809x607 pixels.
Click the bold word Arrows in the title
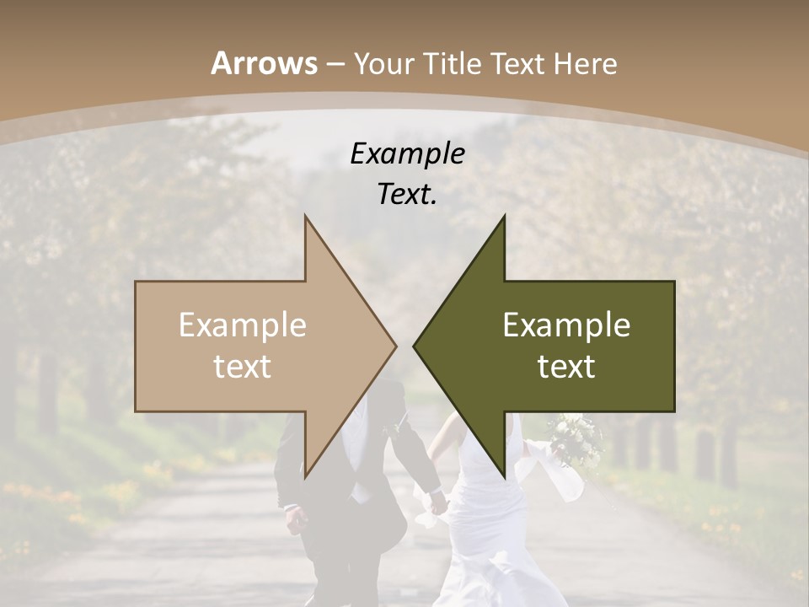pyautogui.click(x=265, y=63)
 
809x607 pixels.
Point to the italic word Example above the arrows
pyautogui.click(x=407, y=153)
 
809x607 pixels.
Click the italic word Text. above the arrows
pyautogui.click(x=407, y=194)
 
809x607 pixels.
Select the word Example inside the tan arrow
pyautogui.click(x=242, y=325)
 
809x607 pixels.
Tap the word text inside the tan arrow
pyautogui.click(x=242, y=366)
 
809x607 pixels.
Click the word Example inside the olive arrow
pyautogui.click(x=566, y=325)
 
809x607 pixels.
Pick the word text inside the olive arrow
pyautogui.click(x=566, y=366)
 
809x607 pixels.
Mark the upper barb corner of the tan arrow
pyautogui.click(x=305, y=216)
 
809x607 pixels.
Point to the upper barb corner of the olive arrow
pyautogui.click(x=505, y=216)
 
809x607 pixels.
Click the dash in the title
pyautogui.click(x=335, y=64)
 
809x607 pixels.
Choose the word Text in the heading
pyautogui.click(x=517, y=63)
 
